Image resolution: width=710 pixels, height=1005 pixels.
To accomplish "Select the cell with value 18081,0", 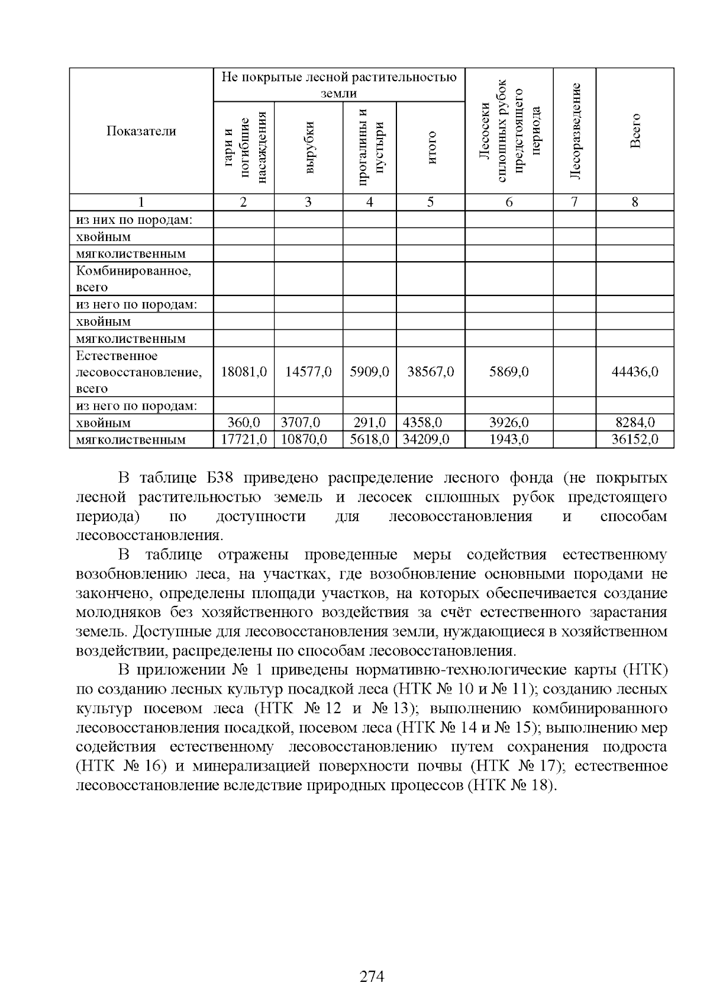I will [244, 372].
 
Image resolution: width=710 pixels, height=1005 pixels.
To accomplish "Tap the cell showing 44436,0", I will [634, 372].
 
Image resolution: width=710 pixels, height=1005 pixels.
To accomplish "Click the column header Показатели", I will [141, 131].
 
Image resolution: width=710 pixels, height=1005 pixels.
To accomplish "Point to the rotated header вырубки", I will [308, 148].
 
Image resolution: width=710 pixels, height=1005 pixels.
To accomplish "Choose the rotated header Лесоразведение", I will [575, 131].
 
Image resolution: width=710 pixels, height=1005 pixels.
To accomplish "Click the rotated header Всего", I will [635, 131].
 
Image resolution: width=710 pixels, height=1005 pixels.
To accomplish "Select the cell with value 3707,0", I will [300, 423].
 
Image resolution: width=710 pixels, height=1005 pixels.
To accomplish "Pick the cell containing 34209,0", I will [426, 439].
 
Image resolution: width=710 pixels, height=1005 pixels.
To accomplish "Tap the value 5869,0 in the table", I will [509, 372].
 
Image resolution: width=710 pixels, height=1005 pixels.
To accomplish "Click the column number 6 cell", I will [509, 202].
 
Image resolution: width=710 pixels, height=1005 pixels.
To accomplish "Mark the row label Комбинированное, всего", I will [134, 279].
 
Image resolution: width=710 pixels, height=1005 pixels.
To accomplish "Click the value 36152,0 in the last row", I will [634, 439].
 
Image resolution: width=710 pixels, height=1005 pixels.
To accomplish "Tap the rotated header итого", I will [431, 148].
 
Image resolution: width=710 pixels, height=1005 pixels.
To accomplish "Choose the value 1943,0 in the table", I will [509, 439].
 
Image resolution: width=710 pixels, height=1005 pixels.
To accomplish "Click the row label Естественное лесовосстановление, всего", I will [139, 372].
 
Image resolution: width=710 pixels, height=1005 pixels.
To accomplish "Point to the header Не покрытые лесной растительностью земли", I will [339, 85].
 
